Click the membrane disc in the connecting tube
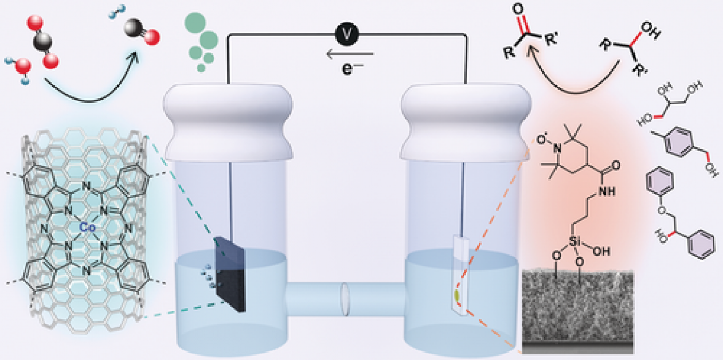(x=345, y=298)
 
